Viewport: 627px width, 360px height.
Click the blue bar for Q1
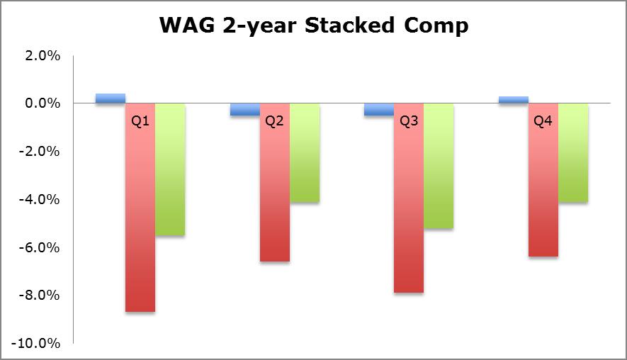[x=111, y=99]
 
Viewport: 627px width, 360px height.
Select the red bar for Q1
[x=140, y=207]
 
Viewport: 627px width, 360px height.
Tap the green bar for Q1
[x=170, y=169]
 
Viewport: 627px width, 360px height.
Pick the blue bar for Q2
[x=245, y=110]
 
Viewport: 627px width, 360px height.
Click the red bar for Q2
[x=275, y=182]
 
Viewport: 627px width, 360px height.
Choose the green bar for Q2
[x=305, y=153]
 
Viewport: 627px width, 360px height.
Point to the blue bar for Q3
[x=379, y=110]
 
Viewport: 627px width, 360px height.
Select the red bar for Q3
[x=409, y=198]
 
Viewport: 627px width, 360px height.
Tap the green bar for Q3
[x=439, y=166]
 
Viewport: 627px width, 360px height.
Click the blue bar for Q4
[x=514, y=100]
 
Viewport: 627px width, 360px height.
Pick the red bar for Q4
[x=543, y=180]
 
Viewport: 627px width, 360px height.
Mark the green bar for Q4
[x=573, y=153]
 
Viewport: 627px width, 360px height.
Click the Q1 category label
[x=140, y=121]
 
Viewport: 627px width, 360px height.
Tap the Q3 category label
[x=409, y=121]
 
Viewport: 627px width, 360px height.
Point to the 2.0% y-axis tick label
[x=43, y=55]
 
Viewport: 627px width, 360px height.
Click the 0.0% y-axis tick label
[x=43, y=103]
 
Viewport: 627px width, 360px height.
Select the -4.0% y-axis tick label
[x=40, y=199]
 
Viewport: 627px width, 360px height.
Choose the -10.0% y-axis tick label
[x=36, y=343]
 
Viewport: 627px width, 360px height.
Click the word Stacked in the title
[x=349, y=26]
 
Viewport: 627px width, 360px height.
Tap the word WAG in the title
[x=187, y=26]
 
